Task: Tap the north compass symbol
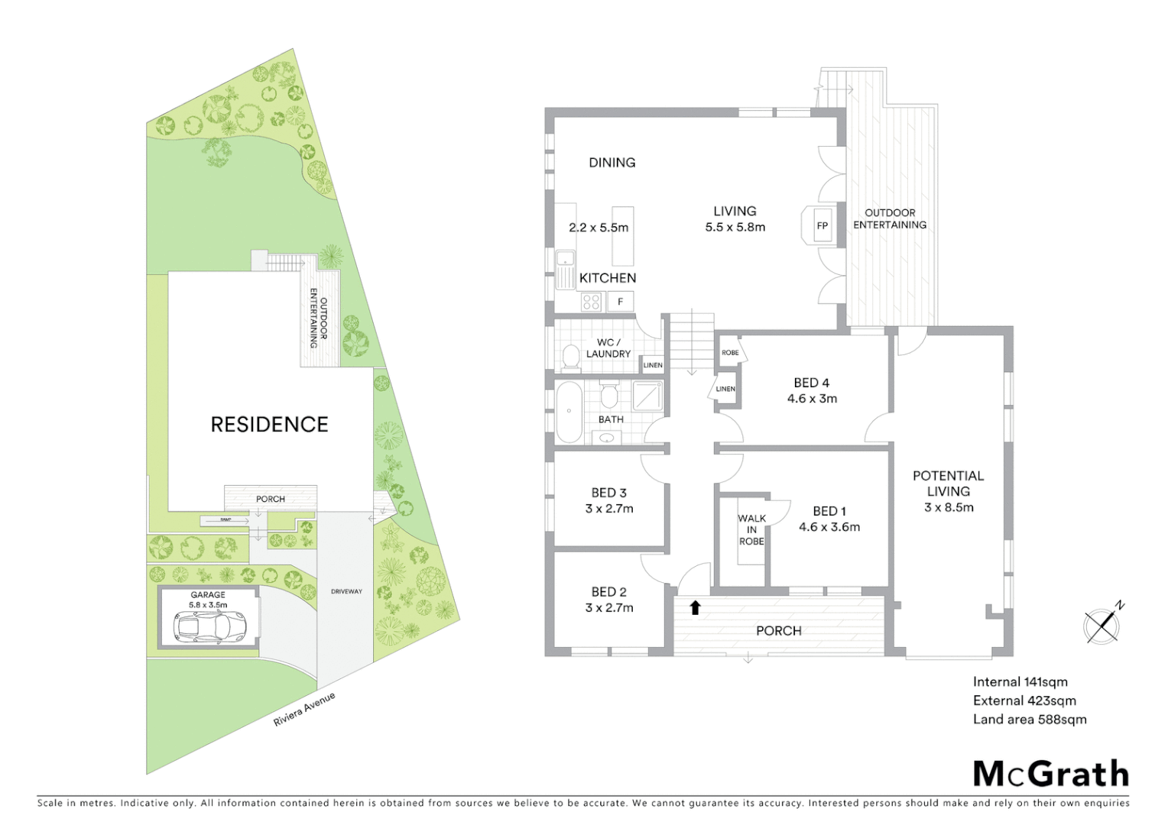(1102, 625)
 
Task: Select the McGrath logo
(1050, 773)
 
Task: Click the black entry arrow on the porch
(695, 607)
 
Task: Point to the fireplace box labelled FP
(822, 225)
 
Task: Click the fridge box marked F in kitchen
(621, 302)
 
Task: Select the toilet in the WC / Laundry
(570, 357)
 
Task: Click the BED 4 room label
(812, 383)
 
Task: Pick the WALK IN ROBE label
(751, 529)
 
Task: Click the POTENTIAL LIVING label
(948, 483)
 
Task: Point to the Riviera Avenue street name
(304, 710)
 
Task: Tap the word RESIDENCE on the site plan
(269, 425)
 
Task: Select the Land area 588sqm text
(1029, 719)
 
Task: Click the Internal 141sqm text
(1020, 682)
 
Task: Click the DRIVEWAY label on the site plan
(346, 591)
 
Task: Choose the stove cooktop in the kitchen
(591, 302)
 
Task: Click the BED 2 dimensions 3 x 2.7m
(609, 608)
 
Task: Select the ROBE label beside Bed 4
(730, 353)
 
